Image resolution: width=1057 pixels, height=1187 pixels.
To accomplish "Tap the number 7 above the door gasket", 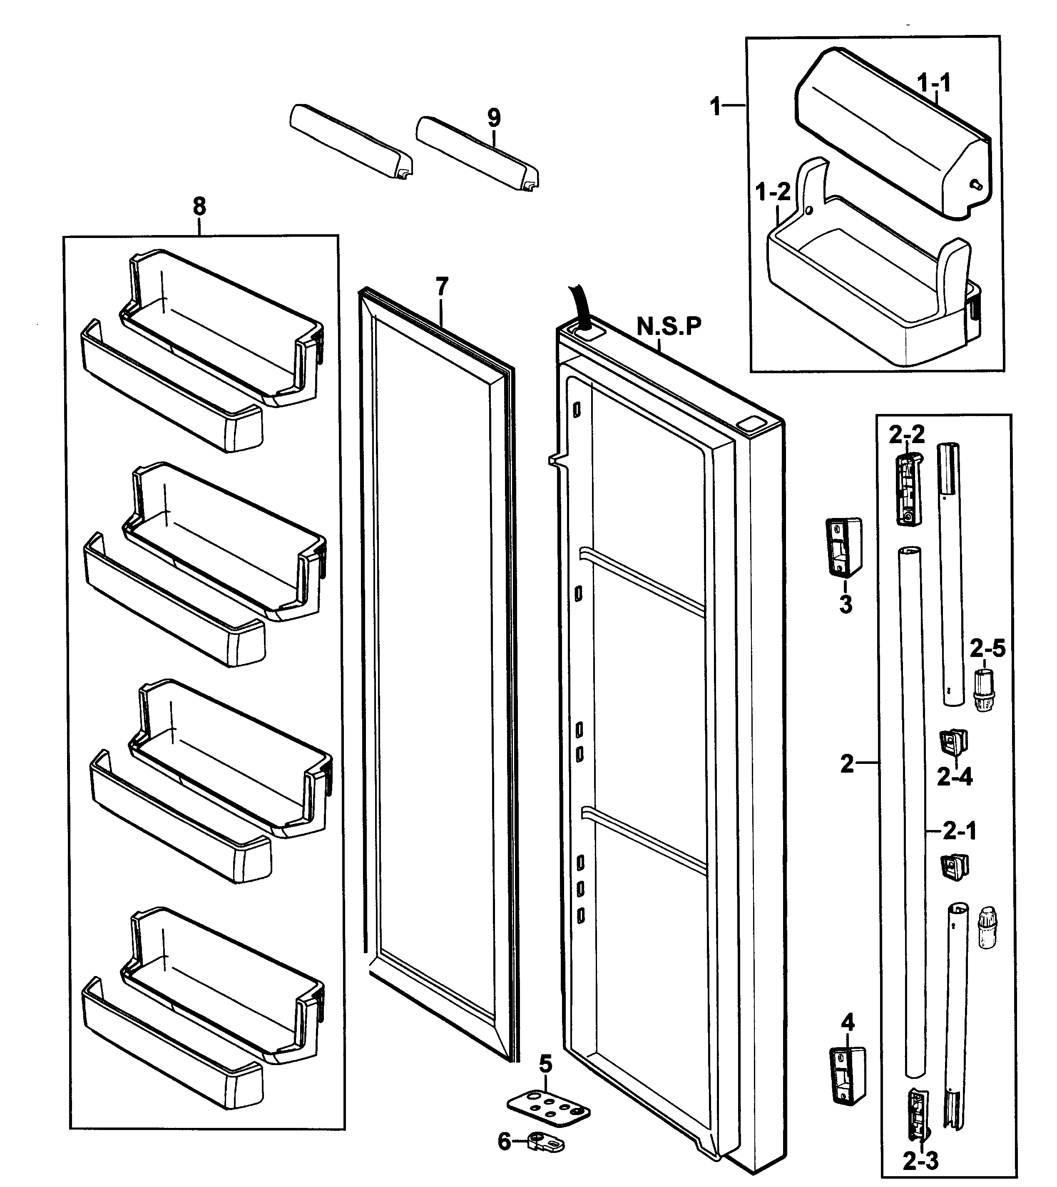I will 442,287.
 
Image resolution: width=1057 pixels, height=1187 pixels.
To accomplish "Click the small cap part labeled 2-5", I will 984,689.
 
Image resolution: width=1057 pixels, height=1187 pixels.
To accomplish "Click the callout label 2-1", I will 960,831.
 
